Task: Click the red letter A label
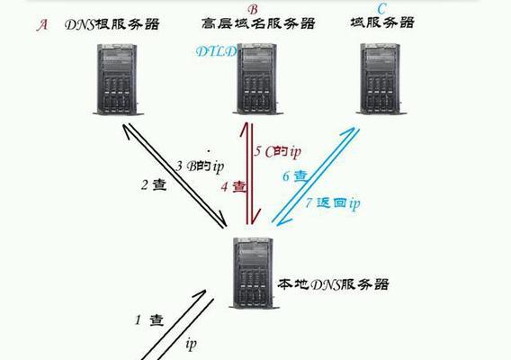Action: point(42,25)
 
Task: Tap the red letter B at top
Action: point(253,10)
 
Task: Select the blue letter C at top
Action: point(381,8)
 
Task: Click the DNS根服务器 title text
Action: point(112,24)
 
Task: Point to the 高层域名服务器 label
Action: point(258,23)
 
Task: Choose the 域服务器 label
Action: point(382,22)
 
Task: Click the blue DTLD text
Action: point(216,51)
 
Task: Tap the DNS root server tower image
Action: point(118,79)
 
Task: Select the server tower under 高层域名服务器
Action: point(258,79)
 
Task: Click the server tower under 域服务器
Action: point(381,79)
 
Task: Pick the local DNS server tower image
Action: point(254,273)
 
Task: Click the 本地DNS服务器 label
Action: point(333,284)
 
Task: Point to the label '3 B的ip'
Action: point(200,166)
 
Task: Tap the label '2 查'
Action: point(154,184)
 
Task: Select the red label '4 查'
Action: point(233,187)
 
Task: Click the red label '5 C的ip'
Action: point(277,151)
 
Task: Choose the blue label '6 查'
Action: point(295,176)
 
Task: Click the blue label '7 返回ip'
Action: point(333,203)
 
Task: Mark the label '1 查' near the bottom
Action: point(149,319)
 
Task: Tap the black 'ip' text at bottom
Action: point(191,344)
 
